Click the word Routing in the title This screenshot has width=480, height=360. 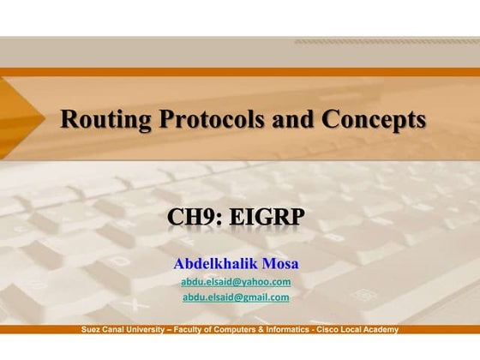tap(100, 120)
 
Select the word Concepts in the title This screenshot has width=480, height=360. tap(375, 120)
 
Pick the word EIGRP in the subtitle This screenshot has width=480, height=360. tap(267, 218)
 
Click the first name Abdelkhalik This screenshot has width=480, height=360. tap(214, 262)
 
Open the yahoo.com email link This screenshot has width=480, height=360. tap(236, 281)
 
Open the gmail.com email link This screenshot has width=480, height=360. tap(236, 297)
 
